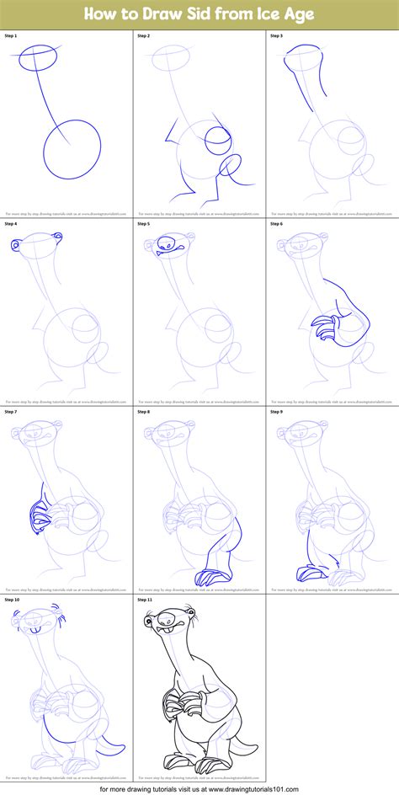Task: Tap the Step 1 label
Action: (11, 37)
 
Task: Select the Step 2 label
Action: (143, 37)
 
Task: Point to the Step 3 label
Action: (276, 37)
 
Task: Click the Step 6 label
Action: (276, 224)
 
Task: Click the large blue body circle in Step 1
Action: (71, 150)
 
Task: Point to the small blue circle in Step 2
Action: (216, 141)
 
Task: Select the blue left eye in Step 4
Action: (17, 245)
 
